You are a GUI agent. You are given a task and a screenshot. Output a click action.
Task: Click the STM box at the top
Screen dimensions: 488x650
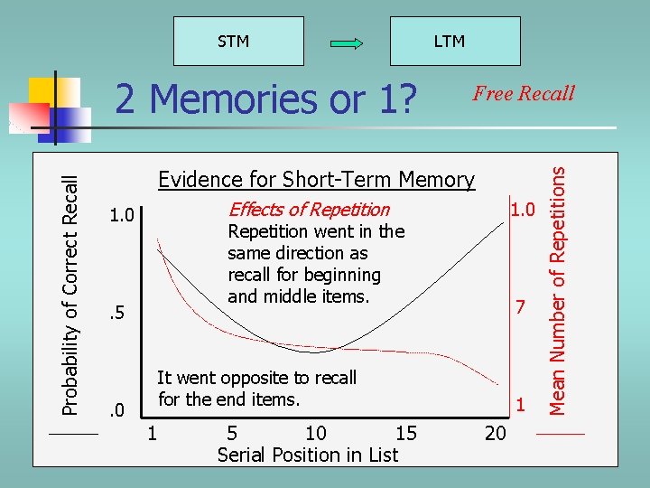click(234, 41)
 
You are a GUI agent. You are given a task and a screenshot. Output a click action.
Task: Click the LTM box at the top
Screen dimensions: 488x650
click(449, 41)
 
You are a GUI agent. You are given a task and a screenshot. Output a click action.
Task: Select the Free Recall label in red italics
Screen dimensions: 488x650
click(524, 93)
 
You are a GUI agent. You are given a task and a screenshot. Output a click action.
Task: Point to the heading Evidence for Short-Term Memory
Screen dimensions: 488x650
click(316, 179)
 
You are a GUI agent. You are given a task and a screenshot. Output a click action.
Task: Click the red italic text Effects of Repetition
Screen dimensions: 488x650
click(309, 210)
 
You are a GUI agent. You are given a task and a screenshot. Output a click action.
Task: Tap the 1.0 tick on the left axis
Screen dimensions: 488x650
click(121, 216)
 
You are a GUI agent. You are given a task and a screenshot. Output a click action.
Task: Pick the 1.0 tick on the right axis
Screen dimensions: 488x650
click(522, 210)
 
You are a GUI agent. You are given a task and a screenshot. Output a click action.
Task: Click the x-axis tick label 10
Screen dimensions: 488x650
click(316, 433)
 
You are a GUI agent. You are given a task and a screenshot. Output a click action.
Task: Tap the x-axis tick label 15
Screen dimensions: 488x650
click(406, 433)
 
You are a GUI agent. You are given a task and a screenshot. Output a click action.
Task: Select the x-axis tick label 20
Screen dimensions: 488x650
click(496, 433)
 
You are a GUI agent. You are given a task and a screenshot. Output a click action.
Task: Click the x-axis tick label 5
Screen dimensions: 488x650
click(233, 433)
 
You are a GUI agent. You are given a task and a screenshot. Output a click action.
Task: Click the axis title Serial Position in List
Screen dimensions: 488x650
click(308, 455)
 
